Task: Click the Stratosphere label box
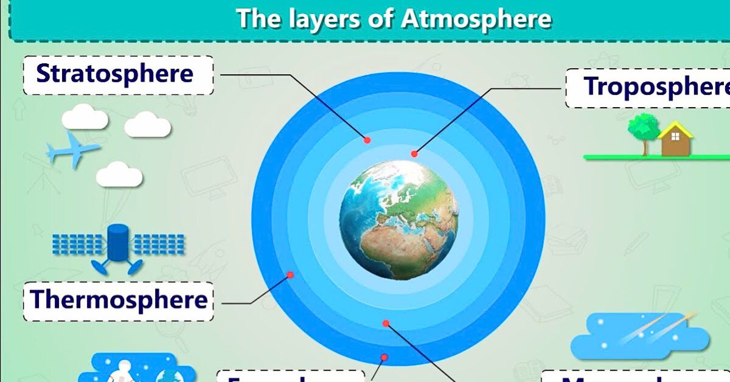pos(118,75)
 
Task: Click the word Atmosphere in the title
pos(476,19)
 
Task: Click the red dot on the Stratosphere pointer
pos(367,140)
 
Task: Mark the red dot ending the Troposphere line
pos(414,154)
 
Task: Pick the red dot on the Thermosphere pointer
pos(291,275)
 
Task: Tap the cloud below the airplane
pos(119,175)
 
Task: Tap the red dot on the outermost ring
pos(384,357)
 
